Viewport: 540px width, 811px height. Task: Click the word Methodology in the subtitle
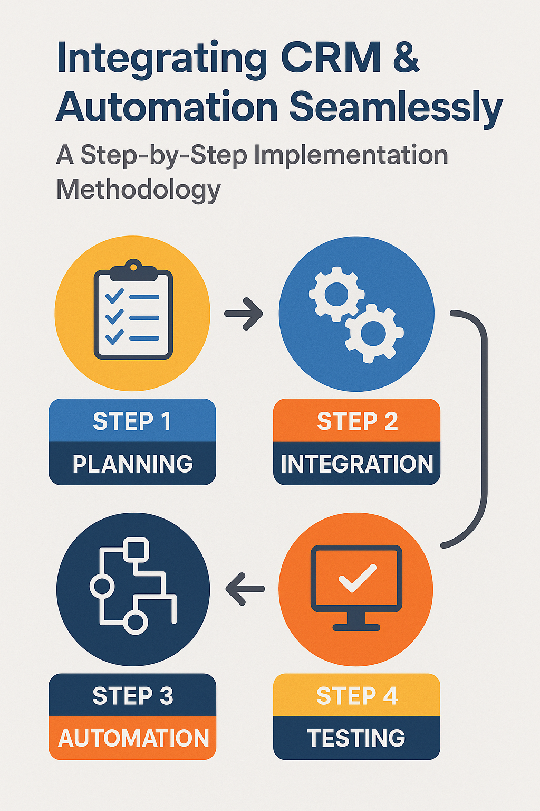point(138,190)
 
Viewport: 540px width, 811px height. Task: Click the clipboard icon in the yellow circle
point(133,312)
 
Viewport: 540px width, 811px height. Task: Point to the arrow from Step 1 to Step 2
point(244,314)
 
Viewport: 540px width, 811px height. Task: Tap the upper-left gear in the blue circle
point(336,294)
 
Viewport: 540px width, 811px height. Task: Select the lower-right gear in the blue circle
point(374,333)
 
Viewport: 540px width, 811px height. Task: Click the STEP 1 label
point(132,421)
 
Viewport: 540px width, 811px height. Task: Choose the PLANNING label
point(132,464)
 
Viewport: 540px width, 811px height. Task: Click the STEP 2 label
point(357,421)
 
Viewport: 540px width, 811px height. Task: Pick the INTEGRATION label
point(357,464)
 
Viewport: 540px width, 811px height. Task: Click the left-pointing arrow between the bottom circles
point(245,589)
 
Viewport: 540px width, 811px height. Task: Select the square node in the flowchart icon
point(137,550)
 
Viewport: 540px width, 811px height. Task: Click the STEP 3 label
point(132,696)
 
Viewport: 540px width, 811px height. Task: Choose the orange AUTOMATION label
point(133,738)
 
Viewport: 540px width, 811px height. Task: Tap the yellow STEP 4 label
point(356,696)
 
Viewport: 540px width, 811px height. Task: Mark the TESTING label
point(356,738)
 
